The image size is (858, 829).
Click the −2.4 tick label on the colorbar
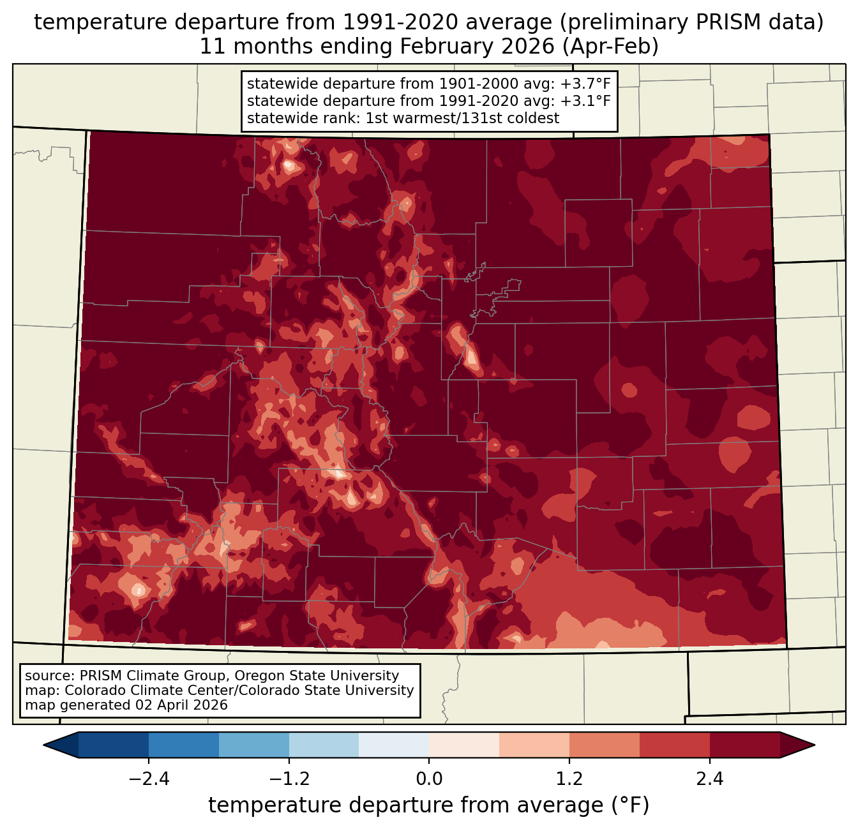[148, 779]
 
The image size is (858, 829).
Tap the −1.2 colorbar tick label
[289, 779]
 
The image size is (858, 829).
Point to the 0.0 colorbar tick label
[429, 779]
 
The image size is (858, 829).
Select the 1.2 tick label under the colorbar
[569, 779]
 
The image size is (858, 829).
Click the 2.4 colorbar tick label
[710, 779]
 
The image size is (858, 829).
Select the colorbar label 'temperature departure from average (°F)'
[429, 805]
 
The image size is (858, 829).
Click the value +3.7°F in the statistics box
[585, 84]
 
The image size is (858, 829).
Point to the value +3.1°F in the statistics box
[585, 101]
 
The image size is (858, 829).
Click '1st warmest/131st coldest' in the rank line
[462, 118]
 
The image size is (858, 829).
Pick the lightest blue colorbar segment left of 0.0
[394, 745]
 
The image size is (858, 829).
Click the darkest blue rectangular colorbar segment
[114, 745]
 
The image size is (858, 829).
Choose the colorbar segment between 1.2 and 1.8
[605, 745]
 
